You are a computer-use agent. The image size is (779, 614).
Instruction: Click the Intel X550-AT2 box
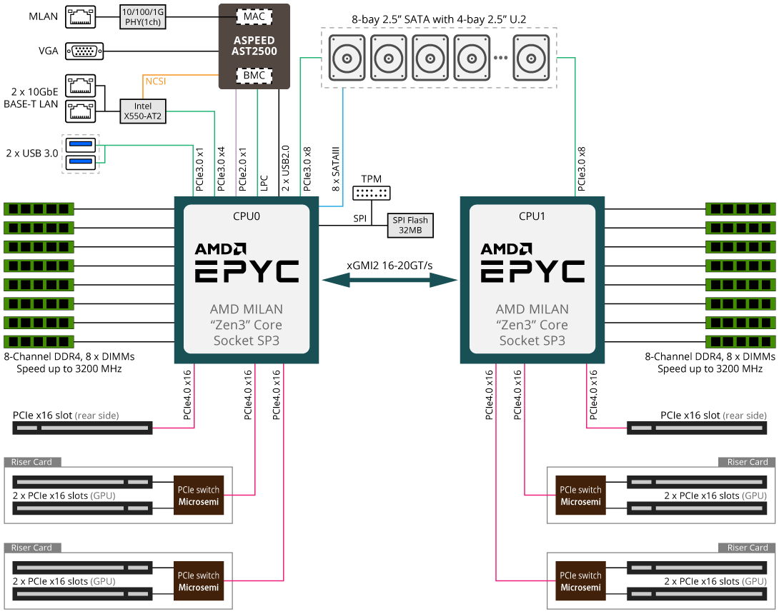click(143, 111)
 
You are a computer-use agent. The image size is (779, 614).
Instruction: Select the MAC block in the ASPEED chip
click(254, 16)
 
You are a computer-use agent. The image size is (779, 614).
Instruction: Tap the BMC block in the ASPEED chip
click(254, 75)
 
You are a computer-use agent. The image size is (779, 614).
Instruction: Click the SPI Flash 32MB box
click(410, 225)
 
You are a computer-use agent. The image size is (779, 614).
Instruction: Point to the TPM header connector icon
click(371, 193)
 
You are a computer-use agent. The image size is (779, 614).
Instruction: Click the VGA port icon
click(84, 51)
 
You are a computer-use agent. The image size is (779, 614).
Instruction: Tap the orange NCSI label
click(155, 81)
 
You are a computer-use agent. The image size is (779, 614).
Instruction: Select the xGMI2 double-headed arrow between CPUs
click(389, 281)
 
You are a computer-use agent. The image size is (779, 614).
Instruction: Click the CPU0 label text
click(247, 216)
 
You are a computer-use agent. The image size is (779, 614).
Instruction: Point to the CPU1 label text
click(532, 216)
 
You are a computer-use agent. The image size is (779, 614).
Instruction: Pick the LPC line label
click(264, 183)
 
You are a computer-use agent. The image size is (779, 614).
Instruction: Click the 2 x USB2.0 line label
click(286, 169)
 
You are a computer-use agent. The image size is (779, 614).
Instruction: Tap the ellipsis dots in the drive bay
click(500, 58)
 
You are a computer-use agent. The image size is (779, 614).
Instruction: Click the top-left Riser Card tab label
click(33, 462)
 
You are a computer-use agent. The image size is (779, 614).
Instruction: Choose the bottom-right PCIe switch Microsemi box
click(580, 581)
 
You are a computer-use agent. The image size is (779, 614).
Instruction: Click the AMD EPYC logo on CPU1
click(532, 262)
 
